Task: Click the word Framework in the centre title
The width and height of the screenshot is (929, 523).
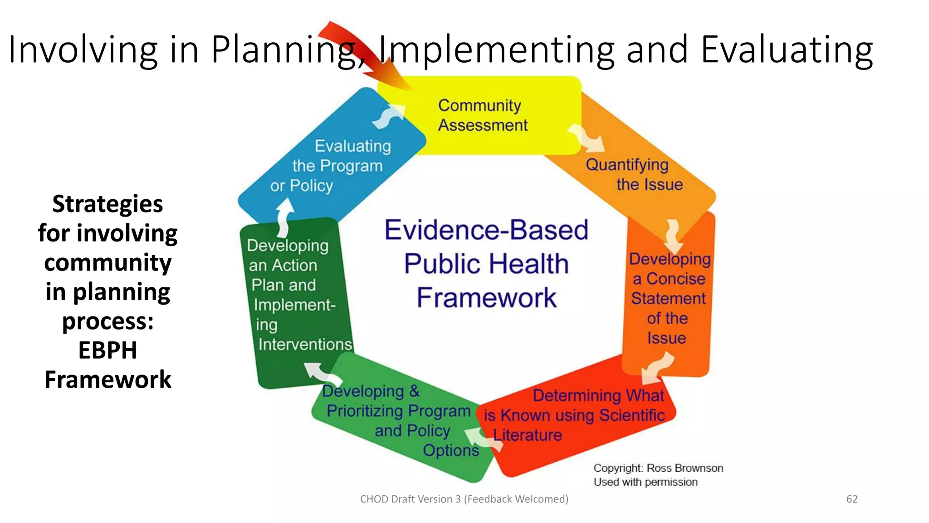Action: point(486,298)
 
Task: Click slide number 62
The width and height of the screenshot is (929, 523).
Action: point(852,499)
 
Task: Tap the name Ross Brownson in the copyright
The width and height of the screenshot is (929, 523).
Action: point(685,468)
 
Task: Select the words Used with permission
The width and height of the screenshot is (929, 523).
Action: point(645,482)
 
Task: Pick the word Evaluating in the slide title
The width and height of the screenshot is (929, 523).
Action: point(787,50)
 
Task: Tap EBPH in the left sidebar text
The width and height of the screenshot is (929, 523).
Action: point(108,350)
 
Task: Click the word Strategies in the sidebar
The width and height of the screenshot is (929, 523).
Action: point(108,204)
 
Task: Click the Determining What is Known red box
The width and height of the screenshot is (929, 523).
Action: point(576,415)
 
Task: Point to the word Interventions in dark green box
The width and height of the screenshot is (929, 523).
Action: point(305,345)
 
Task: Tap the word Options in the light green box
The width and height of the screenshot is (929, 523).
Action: point(451,450)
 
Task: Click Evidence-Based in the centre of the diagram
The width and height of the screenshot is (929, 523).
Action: point(486,230)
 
